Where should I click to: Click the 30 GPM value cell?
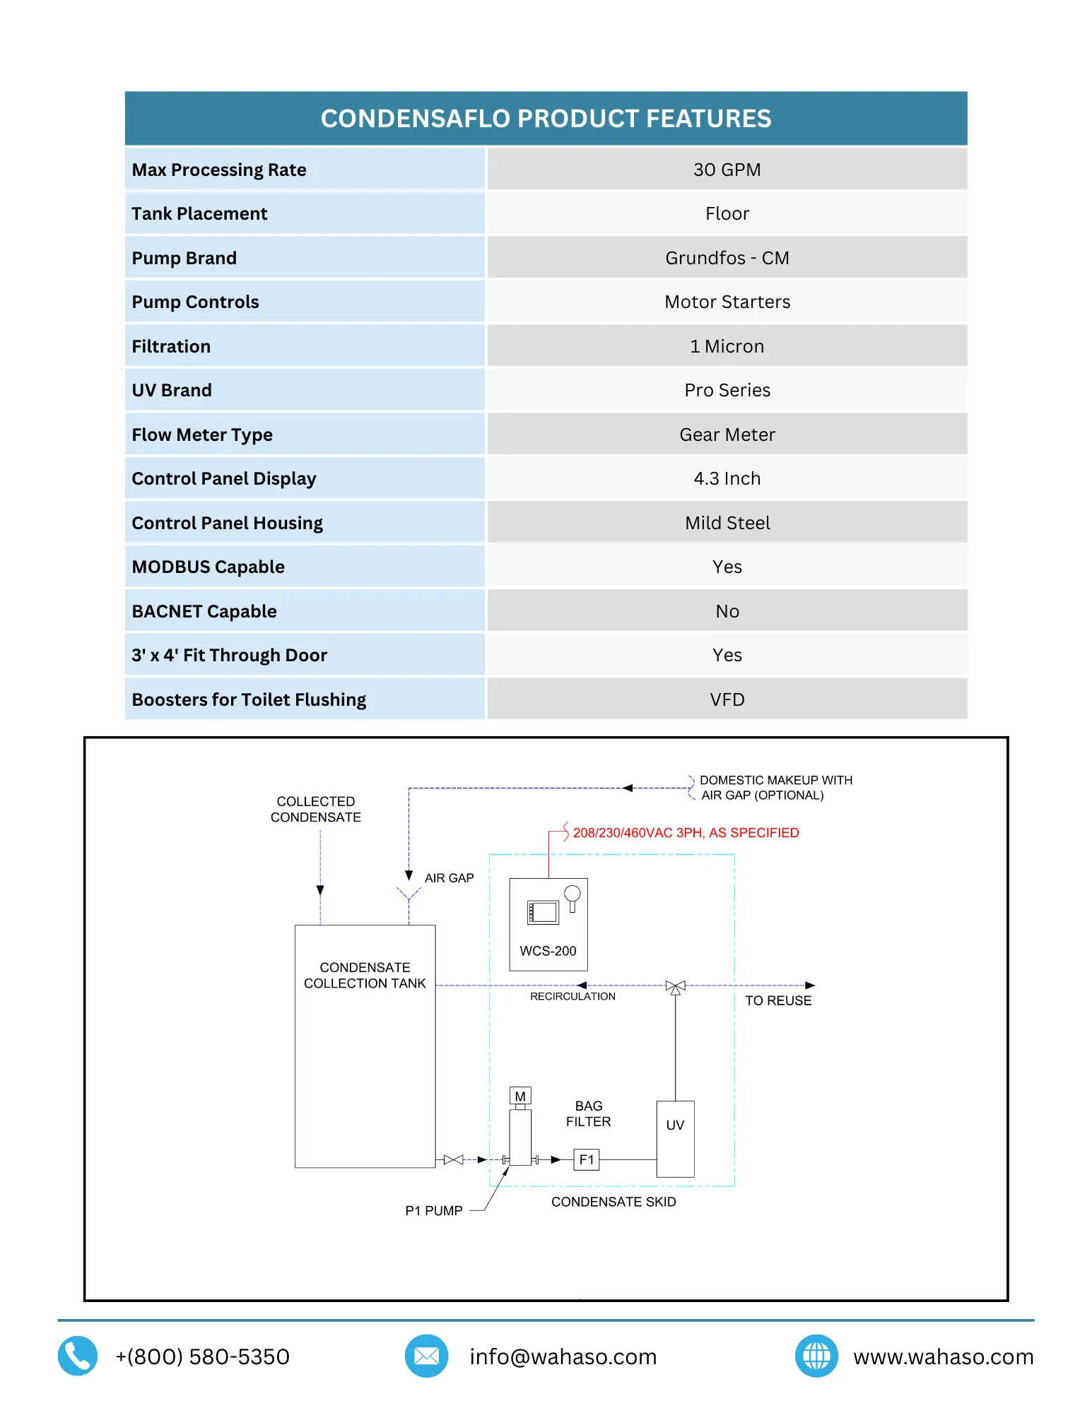(727, 170)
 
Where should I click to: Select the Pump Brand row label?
(184, 258)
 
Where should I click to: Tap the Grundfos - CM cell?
(727, 258)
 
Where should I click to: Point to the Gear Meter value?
(727, 434)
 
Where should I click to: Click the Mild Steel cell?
(727, 523)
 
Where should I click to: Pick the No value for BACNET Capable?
(727, 611)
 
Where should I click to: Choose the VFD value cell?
(727, 699)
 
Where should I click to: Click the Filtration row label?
(171, 346)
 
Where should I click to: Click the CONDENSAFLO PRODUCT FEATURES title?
(546, 119)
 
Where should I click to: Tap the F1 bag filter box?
(586, 1159)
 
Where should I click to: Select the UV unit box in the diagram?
(675, 1138)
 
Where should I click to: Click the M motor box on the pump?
(520, 1096)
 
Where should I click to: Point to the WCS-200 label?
(548, 951)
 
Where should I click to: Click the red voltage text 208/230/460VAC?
(686, 833)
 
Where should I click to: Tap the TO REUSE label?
(778, 1000)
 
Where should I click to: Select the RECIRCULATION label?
(573, 996)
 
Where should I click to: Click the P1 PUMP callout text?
(433, 1210)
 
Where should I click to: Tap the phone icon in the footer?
(78, 1356)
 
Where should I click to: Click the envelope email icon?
(426, 1356)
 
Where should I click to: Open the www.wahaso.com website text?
(943, 1356)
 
